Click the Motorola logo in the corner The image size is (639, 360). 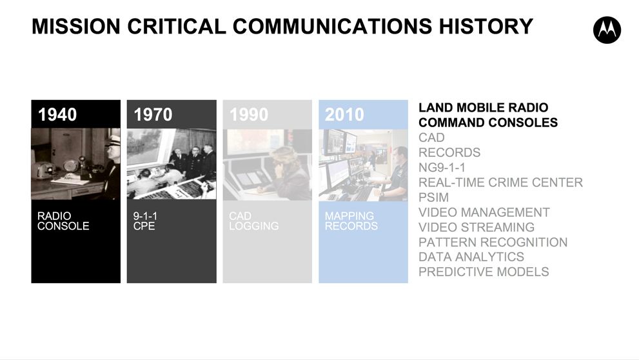[x=607, y=30]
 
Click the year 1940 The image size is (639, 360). [x=57, y=115]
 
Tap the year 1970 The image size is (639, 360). [x=153, y=115]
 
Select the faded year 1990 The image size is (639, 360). [x=249, y=115]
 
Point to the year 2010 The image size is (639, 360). [x=344, y=115]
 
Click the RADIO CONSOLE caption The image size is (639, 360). [x=63, y=221]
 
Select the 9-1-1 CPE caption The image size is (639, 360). [x=145, y=221]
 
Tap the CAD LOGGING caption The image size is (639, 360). [x=254, y=221]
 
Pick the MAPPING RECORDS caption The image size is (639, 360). [x=351, y=221]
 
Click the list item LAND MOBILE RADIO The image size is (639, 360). [x=484, y=108]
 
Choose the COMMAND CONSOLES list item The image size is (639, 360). [x=488, y=123]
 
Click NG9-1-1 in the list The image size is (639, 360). [x=442, y=168]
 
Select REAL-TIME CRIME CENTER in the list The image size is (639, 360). [x=501, y=182]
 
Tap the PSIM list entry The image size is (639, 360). [x=433, y=197]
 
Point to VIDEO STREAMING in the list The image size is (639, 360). [x=477, y=227]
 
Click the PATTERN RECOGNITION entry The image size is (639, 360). [x=493, y=242]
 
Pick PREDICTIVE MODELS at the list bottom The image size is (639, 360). [x=484, y=272]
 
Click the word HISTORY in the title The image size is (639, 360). [x=486, y=26]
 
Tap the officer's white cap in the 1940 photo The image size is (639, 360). [x=113, y=141]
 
